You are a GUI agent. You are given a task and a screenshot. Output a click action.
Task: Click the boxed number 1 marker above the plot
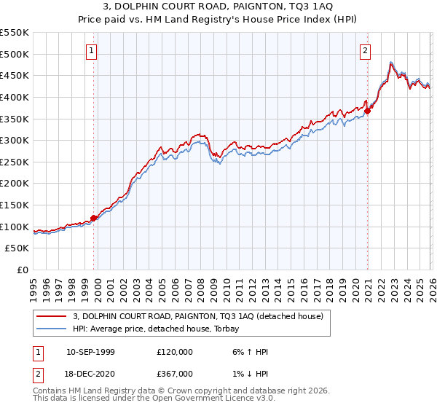(92, 50)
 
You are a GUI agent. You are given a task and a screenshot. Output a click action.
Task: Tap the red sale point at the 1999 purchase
(94, 218)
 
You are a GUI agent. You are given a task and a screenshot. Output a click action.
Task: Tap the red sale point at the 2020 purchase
(368, 111)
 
